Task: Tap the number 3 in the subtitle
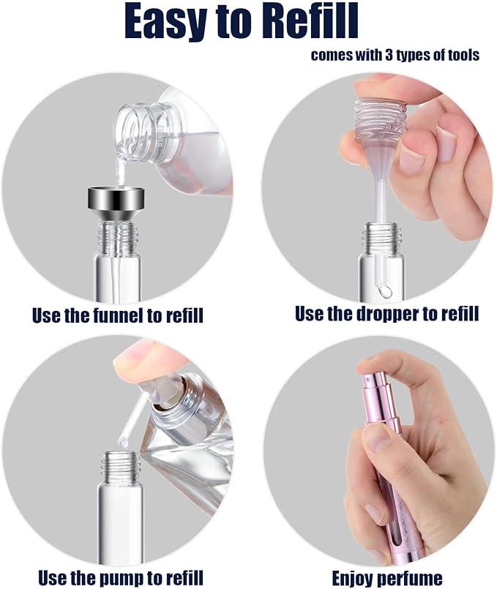point(389,55)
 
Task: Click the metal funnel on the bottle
point(116,203)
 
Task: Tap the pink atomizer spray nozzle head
point(374,391)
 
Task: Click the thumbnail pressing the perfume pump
point(138,353)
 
